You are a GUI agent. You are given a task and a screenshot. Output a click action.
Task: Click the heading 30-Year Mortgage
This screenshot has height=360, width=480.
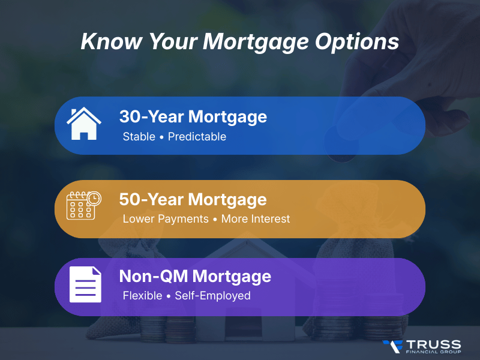(193, 116)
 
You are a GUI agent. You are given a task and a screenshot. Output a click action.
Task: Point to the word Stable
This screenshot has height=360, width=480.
(139, 137)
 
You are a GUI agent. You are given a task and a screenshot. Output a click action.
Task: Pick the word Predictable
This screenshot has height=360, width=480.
(197, 137)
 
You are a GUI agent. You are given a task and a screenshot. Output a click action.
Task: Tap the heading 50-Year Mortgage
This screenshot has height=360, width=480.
(193, 199)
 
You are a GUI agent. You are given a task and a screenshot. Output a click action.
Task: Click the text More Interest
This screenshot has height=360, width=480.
(255, 219)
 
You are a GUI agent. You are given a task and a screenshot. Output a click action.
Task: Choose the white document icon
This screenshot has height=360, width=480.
(85, 284)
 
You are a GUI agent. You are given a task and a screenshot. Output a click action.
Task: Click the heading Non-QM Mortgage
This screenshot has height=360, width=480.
(195, 277)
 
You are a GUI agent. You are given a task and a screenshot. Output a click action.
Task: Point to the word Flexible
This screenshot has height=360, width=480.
(142, 296)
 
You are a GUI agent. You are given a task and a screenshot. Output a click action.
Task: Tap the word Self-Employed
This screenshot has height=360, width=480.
(212, 296)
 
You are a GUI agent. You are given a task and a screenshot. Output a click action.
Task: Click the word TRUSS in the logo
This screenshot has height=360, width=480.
(433, 344)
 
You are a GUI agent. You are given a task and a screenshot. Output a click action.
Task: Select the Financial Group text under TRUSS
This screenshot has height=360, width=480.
(433, 353)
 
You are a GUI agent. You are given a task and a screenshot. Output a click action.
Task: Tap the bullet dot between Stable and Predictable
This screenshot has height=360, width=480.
(161, 137)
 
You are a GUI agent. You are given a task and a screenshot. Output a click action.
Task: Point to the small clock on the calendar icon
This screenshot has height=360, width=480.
(95, 197)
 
